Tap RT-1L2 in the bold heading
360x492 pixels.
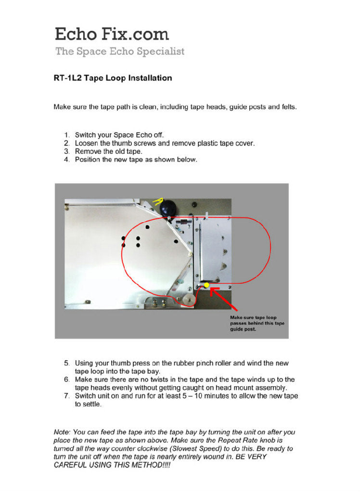[67, 78]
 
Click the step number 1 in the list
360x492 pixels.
[66, 135]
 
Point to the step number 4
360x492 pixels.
[66, 159]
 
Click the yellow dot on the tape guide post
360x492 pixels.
[206, 285]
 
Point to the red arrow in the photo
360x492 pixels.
[224, 298]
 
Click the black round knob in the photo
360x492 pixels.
[168, 209]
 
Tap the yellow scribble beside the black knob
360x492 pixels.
[156, 201]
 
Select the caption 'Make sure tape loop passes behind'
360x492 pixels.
[257, 323]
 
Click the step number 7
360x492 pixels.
[66, 396]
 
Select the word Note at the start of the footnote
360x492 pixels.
[62, 432]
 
